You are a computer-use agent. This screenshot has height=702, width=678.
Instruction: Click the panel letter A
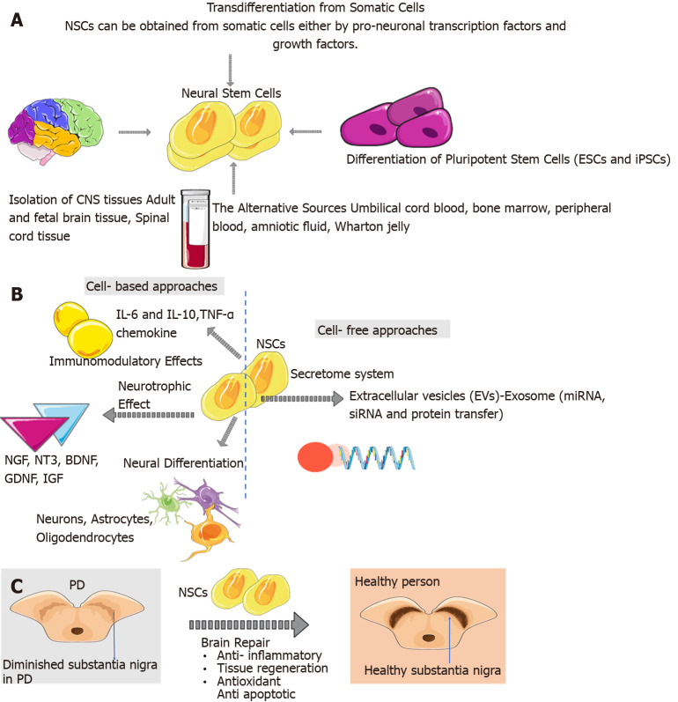[17, 18]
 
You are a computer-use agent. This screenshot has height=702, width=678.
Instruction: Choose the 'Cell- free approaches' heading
[382, 329]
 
